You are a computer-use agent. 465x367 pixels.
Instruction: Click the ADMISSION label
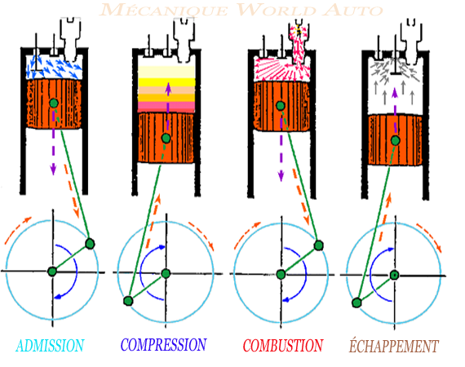coord(49,346)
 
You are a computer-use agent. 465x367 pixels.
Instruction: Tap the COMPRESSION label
coord(163,345)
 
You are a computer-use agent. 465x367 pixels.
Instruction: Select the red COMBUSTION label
coord(283,345)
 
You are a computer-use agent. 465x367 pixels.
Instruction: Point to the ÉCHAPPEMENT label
coord(394,346)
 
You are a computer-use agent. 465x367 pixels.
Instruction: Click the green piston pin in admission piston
coord(53,103)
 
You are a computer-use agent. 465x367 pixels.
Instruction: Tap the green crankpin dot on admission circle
coord(90,243)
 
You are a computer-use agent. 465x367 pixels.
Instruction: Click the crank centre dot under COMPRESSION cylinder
coord(166,273)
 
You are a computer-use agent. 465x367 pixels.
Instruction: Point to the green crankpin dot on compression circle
coord(128,302)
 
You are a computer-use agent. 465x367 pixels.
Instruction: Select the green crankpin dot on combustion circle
coord(318,244)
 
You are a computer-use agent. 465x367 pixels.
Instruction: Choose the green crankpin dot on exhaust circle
coord(356,303)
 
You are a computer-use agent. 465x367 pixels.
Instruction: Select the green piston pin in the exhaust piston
coord(395,141)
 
